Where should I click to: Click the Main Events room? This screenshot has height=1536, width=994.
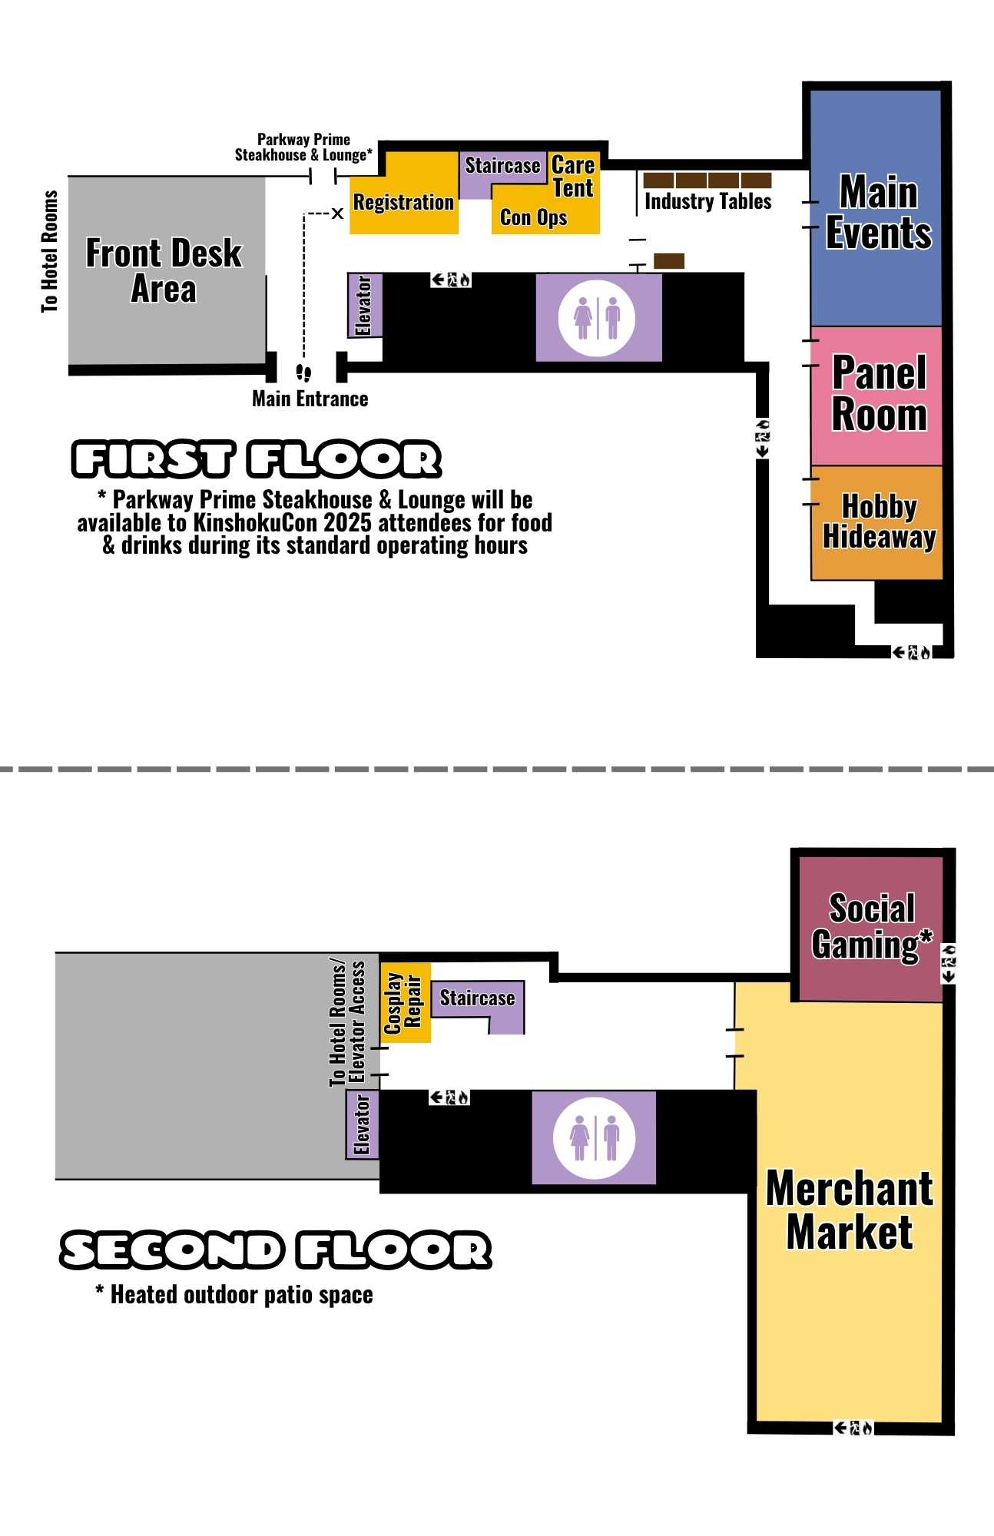pyautogui.click(x=876, y=208)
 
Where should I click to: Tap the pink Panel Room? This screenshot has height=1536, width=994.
pyautogui.click(x=876, y=396)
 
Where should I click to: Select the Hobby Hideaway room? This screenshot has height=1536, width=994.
pyautogui.click(x=876, y=522)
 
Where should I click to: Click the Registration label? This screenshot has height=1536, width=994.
pyautogui.click(x=404, y=202)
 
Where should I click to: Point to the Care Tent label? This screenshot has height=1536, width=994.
pyautogui.click(x=573, y=177)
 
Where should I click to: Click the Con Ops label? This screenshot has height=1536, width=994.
pyautogui.click(x=534, y=217)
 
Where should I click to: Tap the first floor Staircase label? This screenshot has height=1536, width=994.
pyautogui.click(x=502, y=165)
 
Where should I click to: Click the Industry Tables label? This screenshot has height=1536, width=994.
pyautogui.click(x=707, y=201)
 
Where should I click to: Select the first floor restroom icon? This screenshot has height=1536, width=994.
pyautogui.click(x=597, y=318)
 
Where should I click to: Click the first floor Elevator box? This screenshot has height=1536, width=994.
pyautogui.click(x=365, y=305)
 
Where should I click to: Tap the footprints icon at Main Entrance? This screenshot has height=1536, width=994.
pyautogui.click(x=303, y=373)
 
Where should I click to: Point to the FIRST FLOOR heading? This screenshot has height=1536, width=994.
pyautogui.click(x=257, y=459)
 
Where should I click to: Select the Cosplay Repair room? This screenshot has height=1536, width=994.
pyautogui.click(x=405, y=1002)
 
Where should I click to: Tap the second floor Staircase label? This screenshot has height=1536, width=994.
pyautogui.click(x=477, y=998)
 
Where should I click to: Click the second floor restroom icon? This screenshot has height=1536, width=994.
pyautogui.click(x=595, y=1137)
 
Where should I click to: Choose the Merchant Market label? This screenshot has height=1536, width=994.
pyautogui.click(x=850, y=1210)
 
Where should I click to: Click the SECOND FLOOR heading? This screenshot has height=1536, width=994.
pyautogui.click(x=276, y=1250)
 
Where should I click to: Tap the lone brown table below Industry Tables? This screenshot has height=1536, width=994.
pyautogui.click(x=669, y=261)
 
